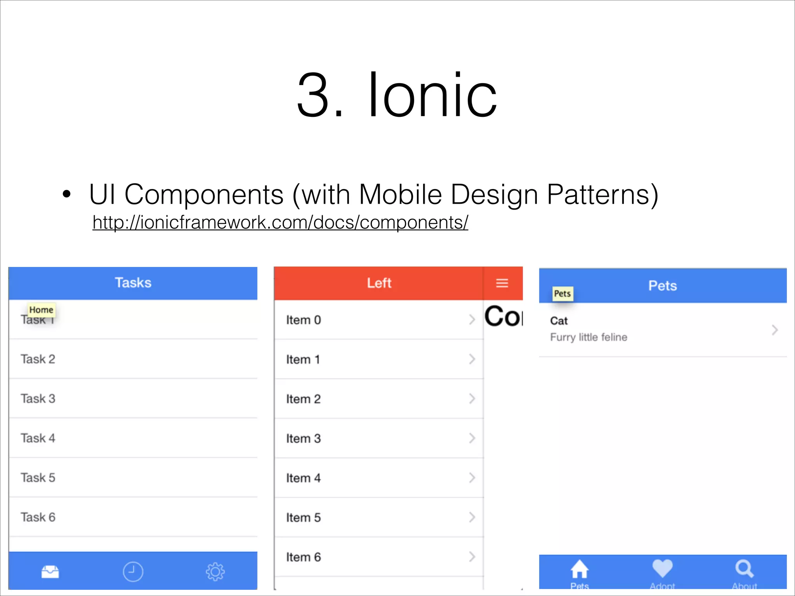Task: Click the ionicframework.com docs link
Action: pos(280,223)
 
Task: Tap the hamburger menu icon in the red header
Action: pos(502,283)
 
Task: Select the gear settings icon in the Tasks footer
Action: pos(215,572)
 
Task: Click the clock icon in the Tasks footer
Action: pos(133,572)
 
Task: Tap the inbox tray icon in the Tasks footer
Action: pos(50,572)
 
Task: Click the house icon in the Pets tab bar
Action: pos(579,569)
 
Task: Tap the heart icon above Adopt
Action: pos(662,568)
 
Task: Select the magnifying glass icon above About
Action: pos(744,568)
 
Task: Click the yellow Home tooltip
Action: pos(41,310)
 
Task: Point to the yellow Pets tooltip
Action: pos(562,293)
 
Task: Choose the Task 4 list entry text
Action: pos(38,438)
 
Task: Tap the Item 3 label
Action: pos(304,438)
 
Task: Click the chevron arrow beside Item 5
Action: pos(472,517)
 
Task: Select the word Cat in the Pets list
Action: pos(559,321)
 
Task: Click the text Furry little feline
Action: pos(588,337)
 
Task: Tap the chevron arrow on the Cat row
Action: pos(774,330)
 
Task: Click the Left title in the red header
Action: pos(379,283)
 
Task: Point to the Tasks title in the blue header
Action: pos(133,283)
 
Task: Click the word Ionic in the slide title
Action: pos(432,95)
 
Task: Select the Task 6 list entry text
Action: pos(38,517)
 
